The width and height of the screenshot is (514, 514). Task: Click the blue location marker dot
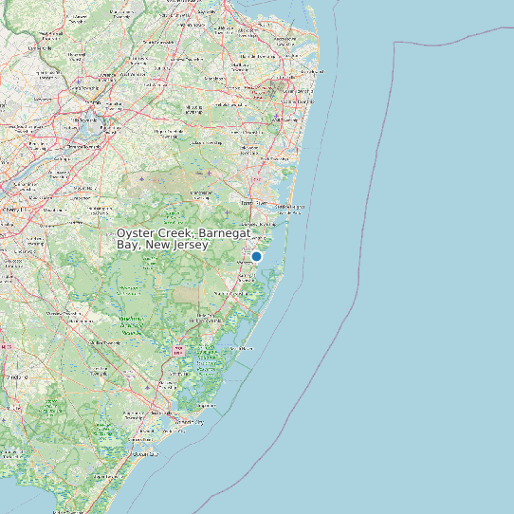[256, 256]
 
